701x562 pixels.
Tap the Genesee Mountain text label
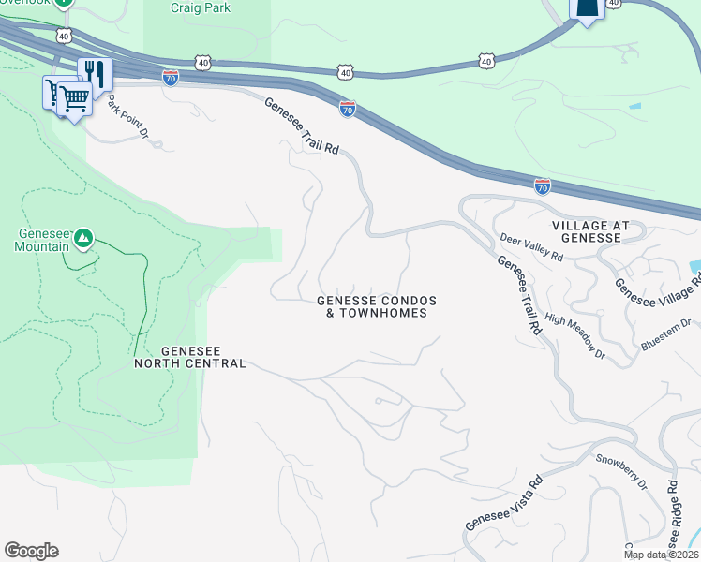42,241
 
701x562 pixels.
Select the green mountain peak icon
83,240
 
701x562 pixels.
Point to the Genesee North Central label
189,356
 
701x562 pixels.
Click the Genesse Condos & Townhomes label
377,306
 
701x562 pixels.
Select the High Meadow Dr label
574,335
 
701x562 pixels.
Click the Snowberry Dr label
621,471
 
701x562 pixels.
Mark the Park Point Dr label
127,114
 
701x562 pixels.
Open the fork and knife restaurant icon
95,72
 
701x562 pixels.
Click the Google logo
31,551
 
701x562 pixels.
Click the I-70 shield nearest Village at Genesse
543,186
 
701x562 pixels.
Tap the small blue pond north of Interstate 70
635,106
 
